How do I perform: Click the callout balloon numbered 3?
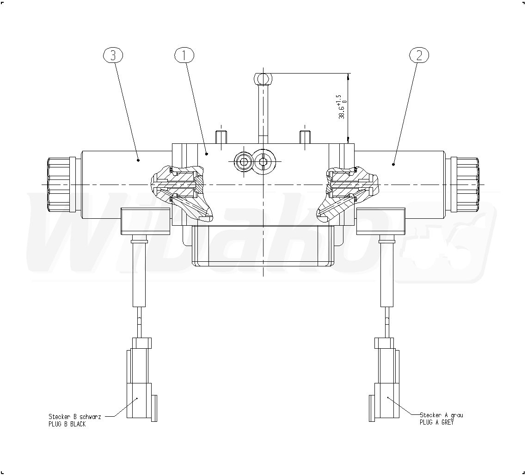point(113,56)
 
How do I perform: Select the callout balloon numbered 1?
point(184,56)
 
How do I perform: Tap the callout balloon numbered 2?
point(419,56)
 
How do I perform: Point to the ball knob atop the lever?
point(263,79)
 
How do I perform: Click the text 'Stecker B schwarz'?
point(74,417)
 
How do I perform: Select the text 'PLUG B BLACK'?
point(67,424)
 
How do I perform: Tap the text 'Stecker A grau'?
point(441,415)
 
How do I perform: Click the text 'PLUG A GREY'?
point(436,422)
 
